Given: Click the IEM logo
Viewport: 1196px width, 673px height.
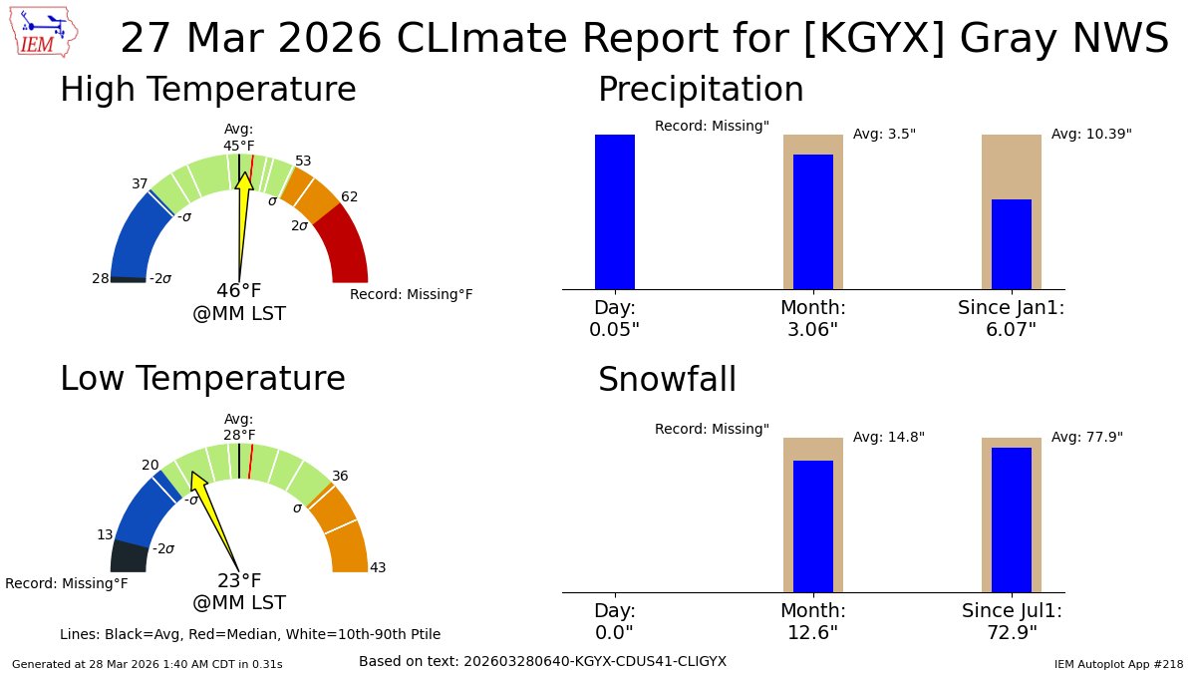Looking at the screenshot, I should click(45, 32).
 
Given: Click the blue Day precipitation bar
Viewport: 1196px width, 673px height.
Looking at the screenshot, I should click(614, 211).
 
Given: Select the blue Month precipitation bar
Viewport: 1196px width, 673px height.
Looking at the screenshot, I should click(812, 221).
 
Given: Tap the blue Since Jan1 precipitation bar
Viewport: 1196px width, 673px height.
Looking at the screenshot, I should click(1011, 244).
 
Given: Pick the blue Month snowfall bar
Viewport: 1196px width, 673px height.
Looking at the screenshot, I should click(812, 525).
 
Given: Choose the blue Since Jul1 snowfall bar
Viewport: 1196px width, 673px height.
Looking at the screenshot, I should click(1011, 519).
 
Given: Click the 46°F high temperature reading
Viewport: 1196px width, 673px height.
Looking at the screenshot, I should click(239, 291).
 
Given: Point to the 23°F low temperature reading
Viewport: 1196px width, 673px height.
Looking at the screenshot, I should click(239, 581).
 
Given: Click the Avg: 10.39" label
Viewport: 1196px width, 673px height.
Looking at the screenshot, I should click(1091, 134).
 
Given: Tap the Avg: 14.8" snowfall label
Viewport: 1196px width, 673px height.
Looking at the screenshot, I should click(889, 437).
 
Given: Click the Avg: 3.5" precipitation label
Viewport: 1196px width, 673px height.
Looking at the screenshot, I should click(884, 134).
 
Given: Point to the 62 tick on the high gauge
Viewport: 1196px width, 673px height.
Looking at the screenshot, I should click(349, 197).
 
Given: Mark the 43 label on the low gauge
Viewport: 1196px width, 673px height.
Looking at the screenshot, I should click(378, 568).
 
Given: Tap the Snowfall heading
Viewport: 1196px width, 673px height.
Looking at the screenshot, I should click(667, 380).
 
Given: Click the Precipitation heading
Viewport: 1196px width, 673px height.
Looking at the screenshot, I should click(700, 90).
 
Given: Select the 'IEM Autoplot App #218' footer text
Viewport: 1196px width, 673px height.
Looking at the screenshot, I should click(1118, 664).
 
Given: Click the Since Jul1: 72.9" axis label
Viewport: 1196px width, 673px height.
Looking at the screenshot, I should click(1012, 621).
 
